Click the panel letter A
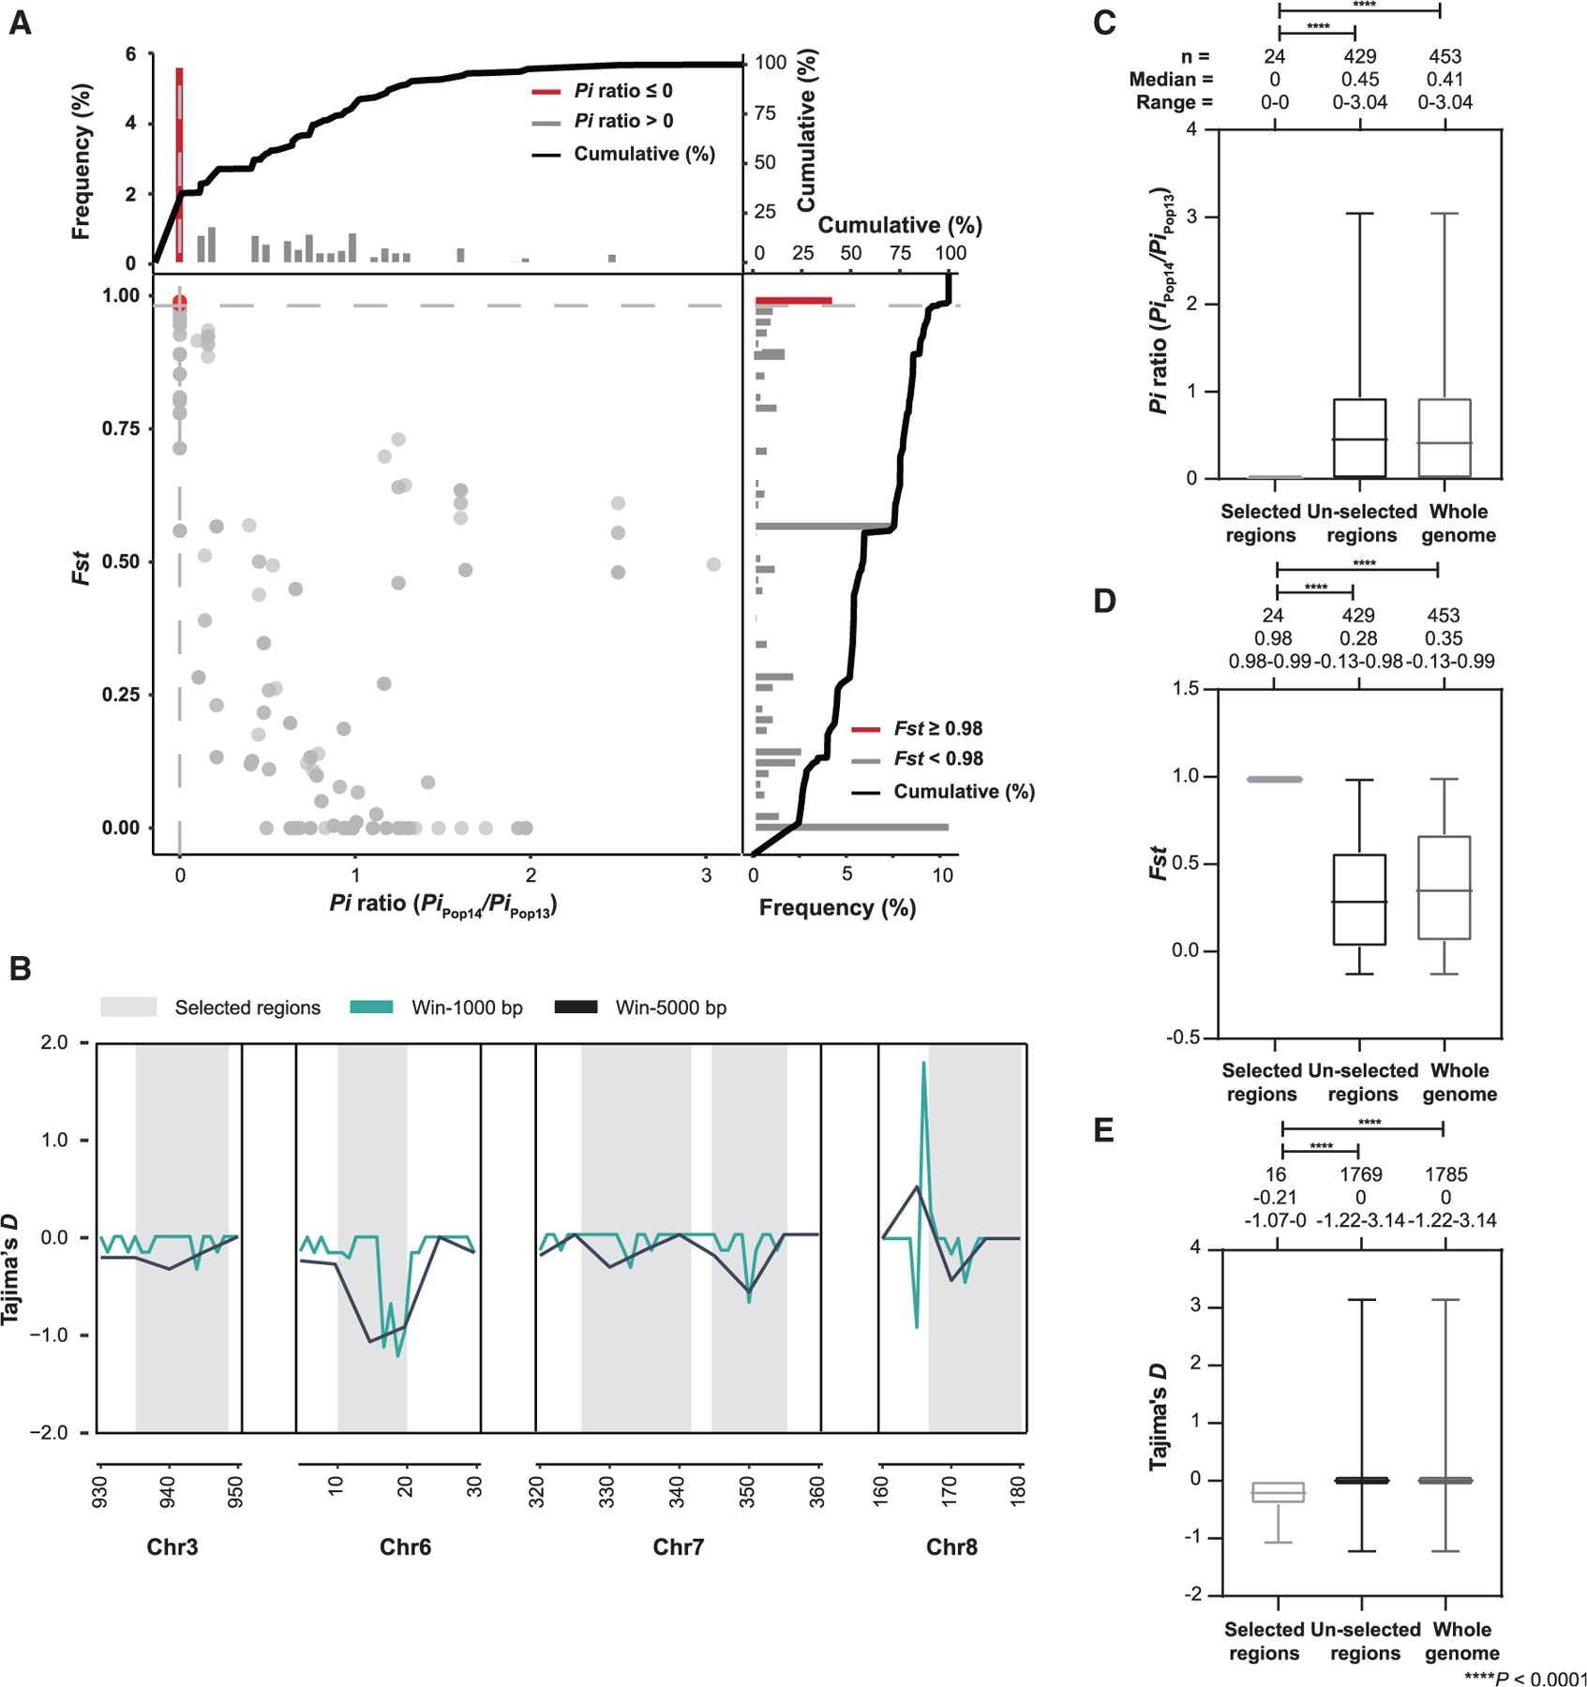[20, 22]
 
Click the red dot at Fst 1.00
[180, 303]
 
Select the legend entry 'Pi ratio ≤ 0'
[622, 91]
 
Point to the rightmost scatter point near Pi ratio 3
[713, 564]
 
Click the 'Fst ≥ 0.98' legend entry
[937, 728]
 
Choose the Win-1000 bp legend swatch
[370, 1007]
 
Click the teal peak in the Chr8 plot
[923, 1065]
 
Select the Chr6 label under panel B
[405, 1546]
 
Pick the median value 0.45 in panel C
[1359, 80]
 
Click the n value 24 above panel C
[1274, 57]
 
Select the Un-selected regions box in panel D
[1359, 899]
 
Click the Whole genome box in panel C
[1445, 439]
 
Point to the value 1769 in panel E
[1359, 1174]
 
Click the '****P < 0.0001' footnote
[1525, 1678]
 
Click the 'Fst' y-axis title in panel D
[1159, 862]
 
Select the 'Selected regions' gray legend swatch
[128, 1007]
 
